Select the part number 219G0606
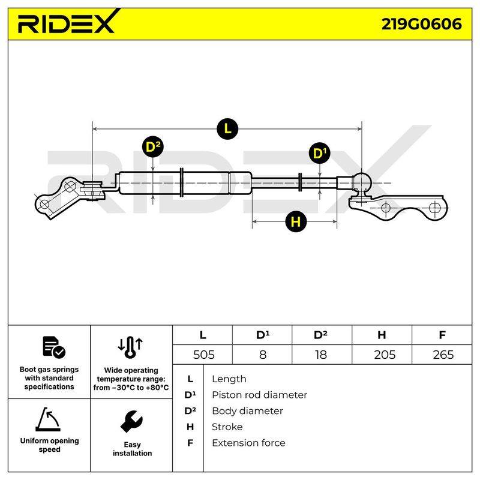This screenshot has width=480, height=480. tap(422, 24)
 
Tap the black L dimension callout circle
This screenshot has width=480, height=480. tap(227, 129)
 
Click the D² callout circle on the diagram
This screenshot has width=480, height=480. tap(153, 146)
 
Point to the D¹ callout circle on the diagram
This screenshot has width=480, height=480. tap(320, 153)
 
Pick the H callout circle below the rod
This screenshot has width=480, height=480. tap(296, 221)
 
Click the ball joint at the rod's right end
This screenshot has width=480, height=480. tap(362, 183)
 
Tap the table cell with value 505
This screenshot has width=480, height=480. tap(203, 355)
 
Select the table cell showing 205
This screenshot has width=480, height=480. tap(385, 355)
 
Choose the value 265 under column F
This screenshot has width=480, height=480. tap(443, 355)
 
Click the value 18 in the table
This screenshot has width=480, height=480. tap(321, 355)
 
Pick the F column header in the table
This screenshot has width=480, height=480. tap(442, 335)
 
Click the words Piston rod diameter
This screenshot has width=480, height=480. tap(259, 395)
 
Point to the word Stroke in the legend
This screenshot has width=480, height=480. tap(227, 427)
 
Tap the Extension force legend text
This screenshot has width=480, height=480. tap(248, 443)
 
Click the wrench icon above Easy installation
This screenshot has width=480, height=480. tap(131, 422)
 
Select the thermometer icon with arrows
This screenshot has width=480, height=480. tap(130, 347)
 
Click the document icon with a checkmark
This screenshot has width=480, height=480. tap(54, 347)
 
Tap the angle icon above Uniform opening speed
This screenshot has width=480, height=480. tap(48, 419)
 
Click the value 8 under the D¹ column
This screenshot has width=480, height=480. tap(262, 355)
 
